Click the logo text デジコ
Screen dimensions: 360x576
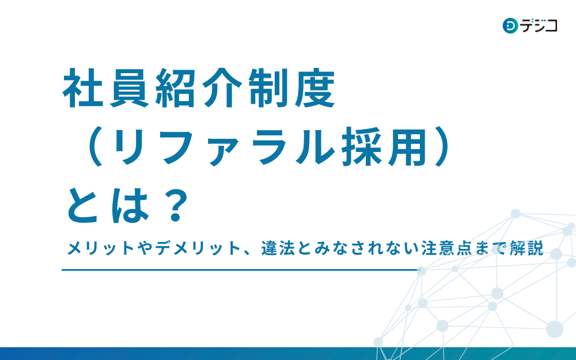coord(539,26)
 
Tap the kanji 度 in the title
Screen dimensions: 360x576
coord(314,90)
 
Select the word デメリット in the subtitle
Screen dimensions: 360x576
coord(190,249)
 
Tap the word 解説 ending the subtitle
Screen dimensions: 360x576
coord(529,249)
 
